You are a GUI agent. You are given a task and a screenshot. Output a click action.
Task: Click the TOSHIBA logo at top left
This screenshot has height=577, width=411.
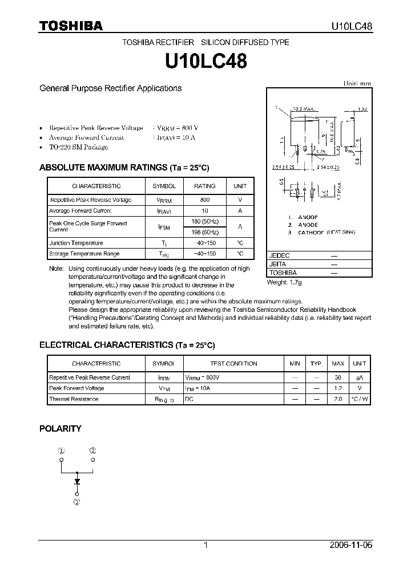pyautogui.click(x=71, y=26)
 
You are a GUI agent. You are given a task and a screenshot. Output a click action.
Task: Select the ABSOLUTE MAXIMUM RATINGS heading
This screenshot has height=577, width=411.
pyautogui.click(x=124, y=168)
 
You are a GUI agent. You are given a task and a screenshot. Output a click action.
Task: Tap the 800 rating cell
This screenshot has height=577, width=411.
pyautogui.click(x=205, y=200)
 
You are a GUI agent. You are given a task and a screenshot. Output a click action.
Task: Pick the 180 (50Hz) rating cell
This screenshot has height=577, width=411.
pyautogui.click(x=205, y=221)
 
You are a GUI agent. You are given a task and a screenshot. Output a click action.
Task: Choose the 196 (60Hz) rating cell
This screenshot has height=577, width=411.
pyautogui.click(x=205, y=231)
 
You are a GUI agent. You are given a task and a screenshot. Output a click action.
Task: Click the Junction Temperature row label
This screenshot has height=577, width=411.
pyautogui.click(x=76, y=243)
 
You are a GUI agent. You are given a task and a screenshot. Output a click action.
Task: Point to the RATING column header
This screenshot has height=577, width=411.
pyautogui.click(x=205, y=186)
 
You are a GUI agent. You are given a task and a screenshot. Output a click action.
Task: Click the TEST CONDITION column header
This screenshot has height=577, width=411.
pyautogui.click(x=233, y=364)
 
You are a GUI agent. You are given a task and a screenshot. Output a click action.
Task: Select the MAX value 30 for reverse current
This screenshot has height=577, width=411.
pyautogui.click(x=338, y=377)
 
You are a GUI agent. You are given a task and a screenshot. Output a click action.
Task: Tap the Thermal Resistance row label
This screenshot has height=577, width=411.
pyautogui.click(x=74, y=399)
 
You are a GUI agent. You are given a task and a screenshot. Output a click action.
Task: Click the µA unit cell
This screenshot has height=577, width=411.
pyautogui.click(x=360, y=377)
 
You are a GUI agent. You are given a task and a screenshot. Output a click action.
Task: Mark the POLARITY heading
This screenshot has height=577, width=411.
pyautogui.click(x=60, y=428)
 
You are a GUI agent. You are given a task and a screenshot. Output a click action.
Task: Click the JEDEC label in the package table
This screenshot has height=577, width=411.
pyautogui.click(x=280, y=256)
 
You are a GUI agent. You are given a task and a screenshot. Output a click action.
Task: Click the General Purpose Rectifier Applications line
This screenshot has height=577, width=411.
pyautogui.click(x=110, y=88)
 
